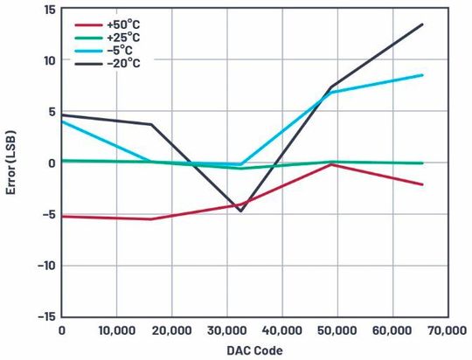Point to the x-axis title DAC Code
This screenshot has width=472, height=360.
click(253, 350)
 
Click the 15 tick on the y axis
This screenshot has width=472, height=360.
click(49, 10)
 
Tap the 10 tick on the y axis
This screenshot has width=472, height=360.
click(49, 60)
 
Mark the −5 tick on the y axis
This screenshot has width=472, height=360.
click(49, 214)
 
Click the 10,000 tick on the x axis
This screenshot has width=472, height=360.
click(116, 331)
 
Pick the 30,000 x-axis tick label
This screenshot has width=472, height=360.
click(226, 331)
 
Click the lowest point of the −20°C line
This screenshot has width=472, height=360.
click(240, 211)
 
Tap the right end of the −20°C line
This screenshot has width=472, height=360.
click(422, 24)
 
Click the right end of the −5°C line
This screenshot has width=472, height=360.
click(422, 75)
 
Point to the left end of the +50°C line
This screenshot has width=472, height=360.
click(62, 216)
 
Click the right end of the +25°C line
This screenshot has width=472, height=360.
click(422, 163)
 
